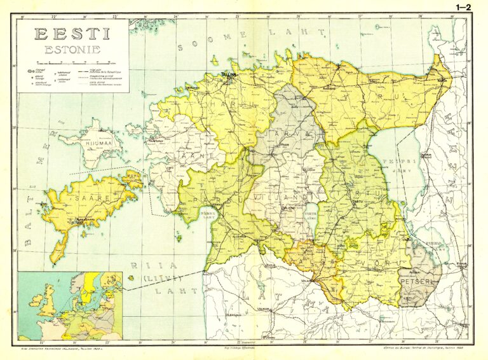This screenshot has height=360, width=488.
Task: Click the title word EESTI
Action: pyautogui.click(x=71, y=34)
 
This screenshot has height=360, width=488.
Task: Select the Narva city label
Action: pyautogui.click(x=441, y=81)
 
